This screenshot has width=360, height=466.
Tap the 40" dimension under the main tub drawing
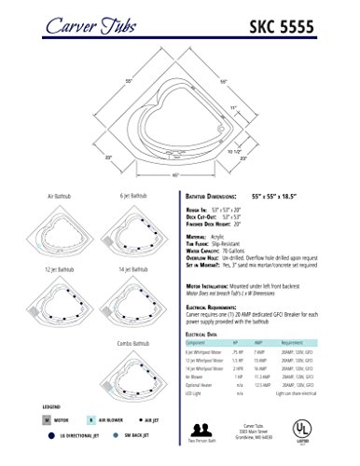176,175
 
